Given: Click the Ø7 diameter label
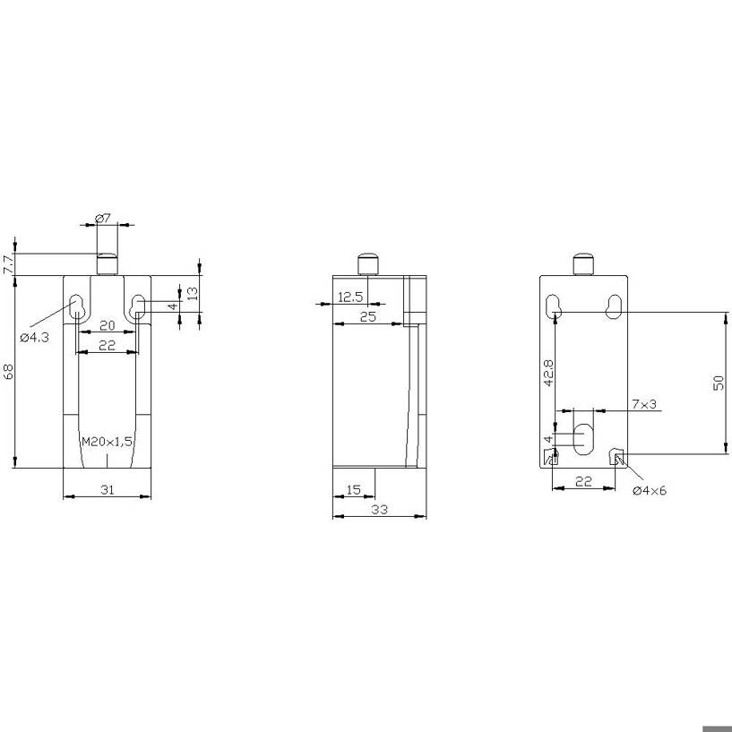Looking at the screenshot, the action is coord(103,218).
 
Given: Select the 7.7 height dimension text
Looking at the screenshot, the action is coord(8,264).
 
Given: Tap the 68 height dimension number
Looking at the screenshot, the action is coord(8,372).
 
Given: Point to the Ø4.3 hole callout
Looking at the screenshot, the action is coord(35,337).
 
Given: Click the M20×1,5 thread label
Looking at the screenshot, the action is coord(107,441).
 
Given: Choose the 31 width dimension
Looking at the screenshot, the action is coord(108,489).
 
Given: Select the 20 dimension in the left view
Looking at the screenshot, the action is coord(108,325).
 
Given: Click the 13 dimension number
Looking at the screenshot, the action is coord(193,293).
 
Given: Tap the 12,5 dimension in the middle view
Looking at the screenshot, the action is coord(350,297).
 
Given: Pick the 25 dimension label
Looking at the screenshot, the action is coord(368,316).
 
